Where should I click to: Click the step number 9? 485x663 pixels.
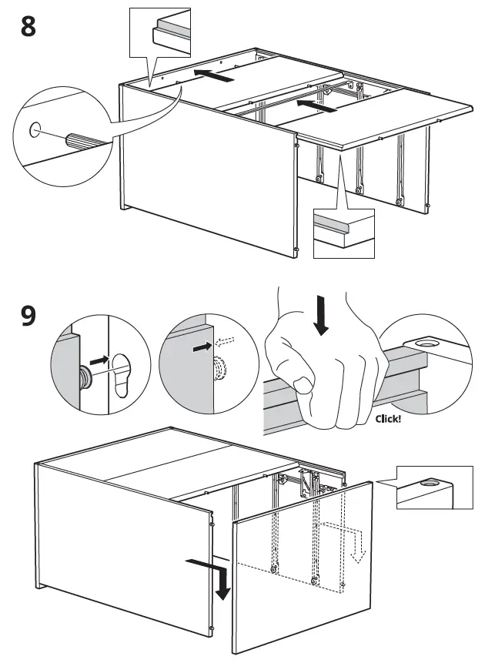tap(28, 316)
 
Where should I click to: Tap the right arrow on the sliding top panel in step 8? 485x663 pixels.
tap(316, 105)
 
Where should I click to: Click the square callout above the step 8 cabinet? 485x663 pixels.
tap(159, 31)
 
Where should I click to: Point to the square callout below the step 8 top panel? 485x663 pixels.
tap(343, 233)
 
